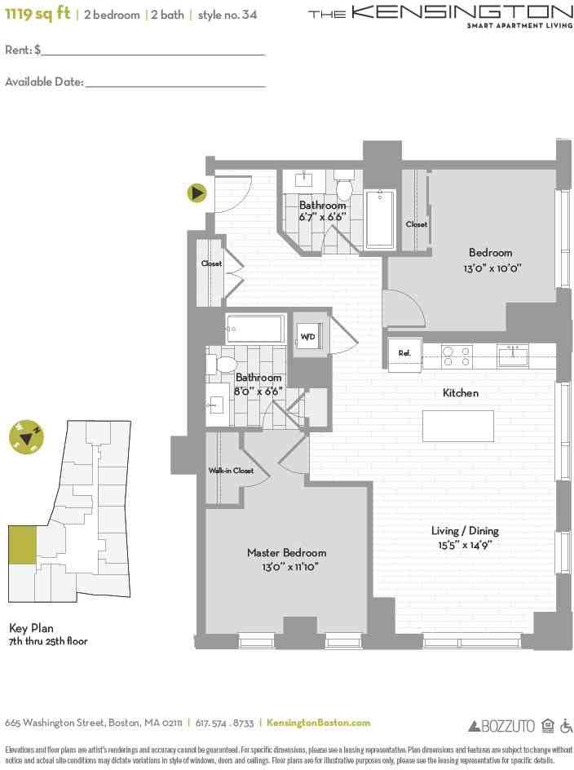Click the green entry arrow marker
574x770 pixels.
coord(196,193)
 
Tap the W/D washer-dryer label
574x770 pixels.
coord(308,336)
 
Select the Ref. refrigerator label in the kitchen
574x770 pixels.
coord(404,353)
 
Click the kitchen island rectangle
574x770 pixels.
coord(457,426)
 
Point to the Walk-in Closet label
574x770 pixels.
coord(231,471)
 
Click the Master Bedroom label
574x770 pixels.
coord(286,553)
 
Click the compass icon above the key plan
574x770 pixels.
coord(26,437)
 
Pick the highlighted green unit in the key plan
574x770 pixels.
coord(22,545)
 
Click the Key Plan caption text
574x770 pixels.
coord(30,628)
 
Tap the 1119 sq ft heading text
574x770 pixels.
coord(37,14)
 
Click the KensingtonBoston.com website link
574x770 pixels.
coord(318,723)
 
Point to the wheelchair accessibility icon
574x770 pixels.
coord(567,725)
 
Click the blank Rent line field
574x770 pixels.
coord(153,51)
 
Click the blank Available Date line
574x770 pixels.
coord(175,82)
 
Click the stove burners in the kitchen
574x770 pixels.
coord(457,356)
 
